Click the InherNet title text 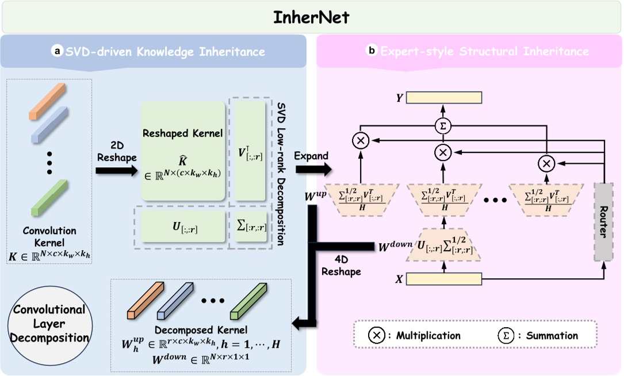pos(311,17)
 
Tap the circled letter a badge pos(57,52)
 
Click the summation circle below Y pos(443,125)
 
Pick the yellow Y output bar pos(444,98)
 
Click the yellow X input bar pos(443,279)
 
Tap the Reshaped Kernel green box pos(183,151)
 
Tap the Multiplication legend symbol pos(376,335)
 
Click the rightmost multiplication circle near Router pos(546,163)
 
